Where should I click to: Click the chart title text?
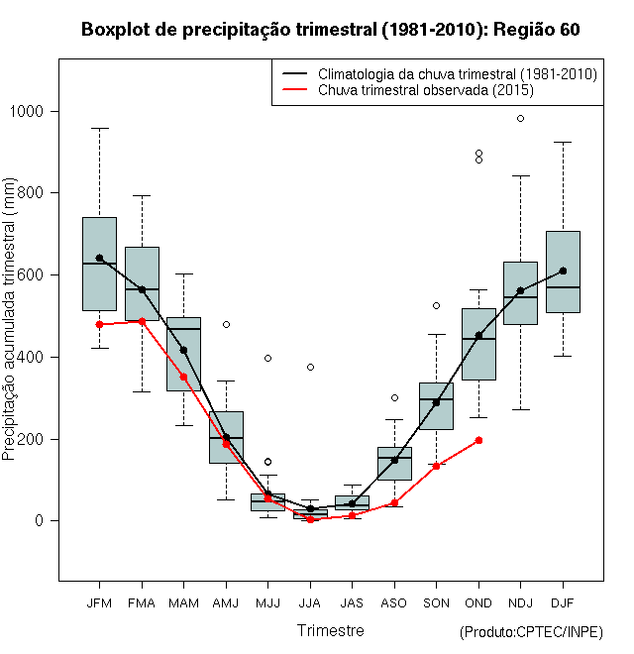click(330, 30)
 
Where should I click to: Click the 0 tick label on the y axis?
click(44, 521)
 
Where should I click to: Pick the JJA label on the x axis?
click(310, 601)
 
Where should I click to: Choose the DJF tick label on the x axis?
click(563, 601)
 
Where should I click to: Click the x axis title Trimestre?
click(331, 630)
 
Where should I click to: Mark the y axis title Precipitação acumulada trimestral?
click(11, 317)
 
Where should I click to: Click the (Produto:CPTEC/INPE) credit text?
click(531, 632)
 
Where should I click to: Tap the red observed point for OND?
click(478, 440)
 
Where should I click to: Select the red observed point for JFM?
click(99, 324)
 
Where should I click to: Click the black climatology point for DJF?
click(563, 271)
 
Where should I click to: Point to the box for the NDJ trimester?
click(520, 293)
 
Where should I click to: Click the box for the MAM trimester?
click(183, 354)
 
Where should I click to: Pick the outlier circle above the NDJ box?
click(520, 118)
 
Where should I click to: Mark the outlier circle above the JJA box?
click(310, 367)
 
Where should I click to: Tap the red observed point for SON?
click(436, 466)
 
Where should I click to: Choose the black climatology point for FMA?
click(142, 289)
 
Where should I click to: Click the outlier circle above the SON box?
click(436, 305)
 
